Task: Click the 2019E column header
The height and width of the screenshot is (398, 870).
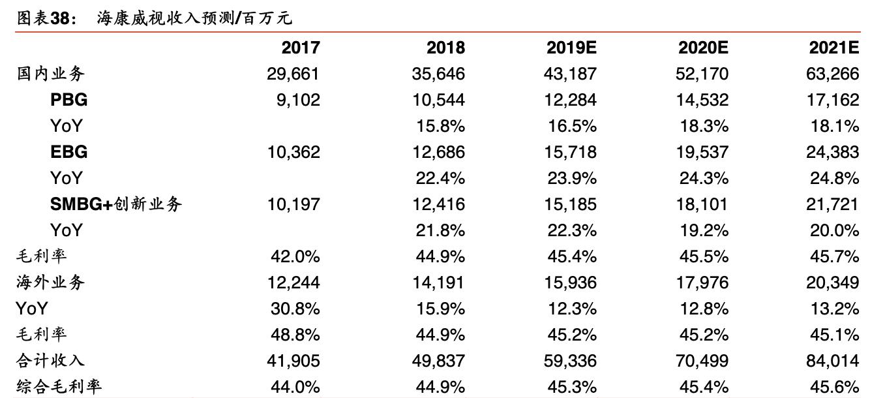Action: pyautogui.click(x=571, y=48)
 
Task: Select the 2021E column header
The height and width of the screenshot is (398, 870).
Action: pyautogui.click(x=834, y=48)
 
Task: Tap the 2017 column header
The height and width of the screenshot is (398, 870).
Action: pyautogui.click(x=301, y=48)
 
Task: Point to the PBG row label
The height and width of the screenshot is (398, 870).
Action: pyautogui.click(x=68, y=100)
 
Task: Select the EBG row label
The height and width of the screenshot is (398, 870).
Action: pyautogui.click(x=68, y=152)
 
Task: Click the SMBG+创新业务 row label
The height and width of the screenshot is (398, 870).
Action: pyautogui.click(x=116, y=204)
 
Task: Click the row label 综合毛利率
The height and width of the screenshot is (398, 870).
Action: pyautogui.click(x=59, y=386)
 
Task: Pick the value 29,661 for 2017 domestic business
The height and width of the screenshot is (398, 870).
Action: pyautogui.click(x=293, y=74)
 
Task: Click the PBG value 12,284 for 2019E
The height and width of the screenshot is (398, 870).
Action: pyautogui.click(x=570, y=100)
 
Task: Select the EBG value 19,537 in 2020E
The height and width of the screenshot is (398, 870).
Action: pyautogui.click(x=702, y=152)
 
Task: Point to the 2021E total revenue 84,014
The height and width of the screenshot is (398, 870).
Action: pyautogui.click(x=833, y=360)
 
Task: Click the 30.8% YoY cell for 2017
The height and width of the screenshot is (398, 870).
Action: pyautogui.click(x=295, y=308)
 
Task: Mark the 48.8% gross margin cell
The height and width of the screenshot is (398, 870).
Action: pyautogui.click(x=295, y=334)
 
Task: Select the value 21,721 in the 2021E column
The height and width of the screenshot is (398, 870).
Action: pyautogui.click(x=833, y=204)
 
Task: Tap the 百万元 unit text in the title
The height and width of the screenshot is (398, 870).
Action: pyautogui.click(x=270, y=18)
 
